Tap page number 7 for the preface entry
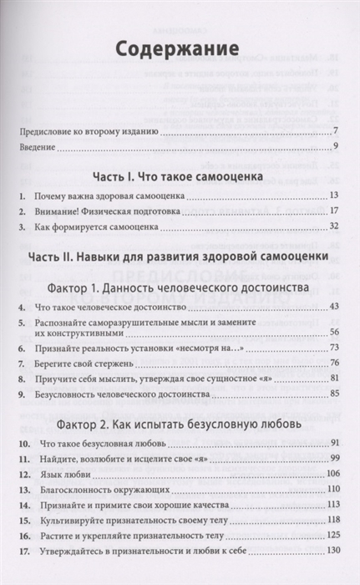(334, 130)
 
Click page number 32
(332, 226)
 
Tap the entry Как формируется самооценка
(100, 226)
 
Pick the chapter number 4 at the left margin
(20, 308)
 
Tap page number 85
(332, 392)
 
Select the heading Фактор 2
(180, 422)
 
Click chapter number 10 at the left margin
(22, 441)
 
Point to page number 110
(330, 487)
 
